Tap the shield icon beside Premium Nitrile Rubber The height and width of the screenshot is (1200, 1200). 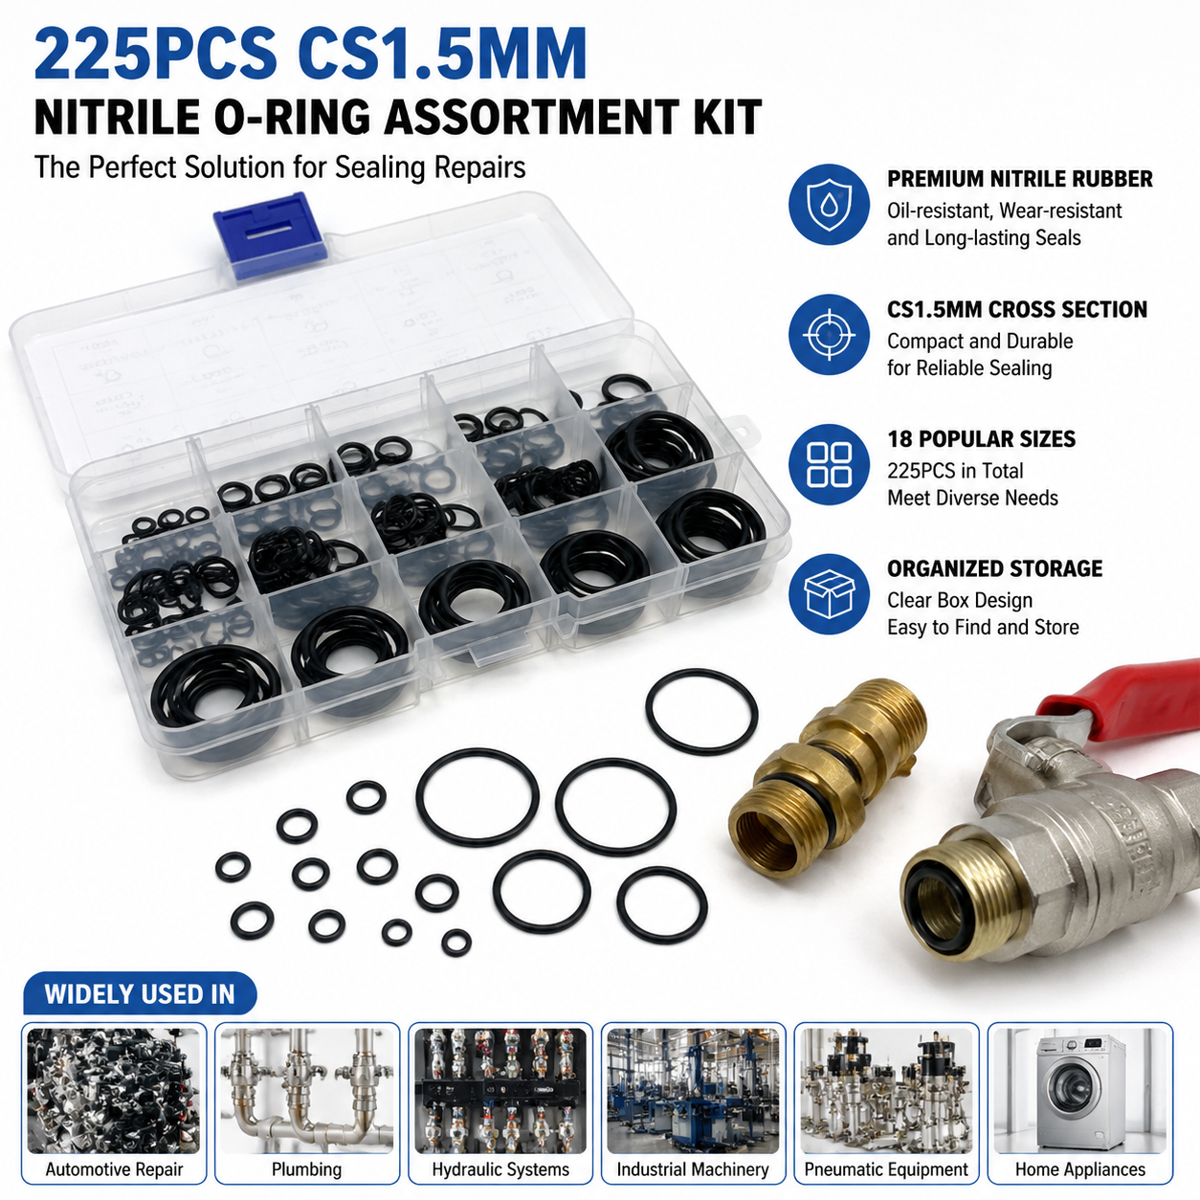(829, 205)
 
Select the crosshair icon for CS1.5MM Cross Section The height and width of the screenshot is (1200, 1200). (829, 335)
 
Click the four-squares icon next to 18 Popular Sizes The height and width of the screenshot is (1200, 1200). (829, 464)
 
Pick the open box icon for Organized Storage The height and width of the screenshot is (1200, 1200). (829, 594)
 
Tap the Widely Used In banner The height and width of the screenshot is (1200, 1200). (140, 994)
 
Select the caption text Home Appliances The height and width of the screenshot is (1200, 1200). (1080, 1169)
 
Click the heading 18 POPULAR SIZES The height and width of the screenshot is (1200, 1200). (982, 439)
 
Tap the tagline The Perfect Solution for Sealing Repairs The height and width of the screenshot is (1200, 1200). (280, 168)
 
